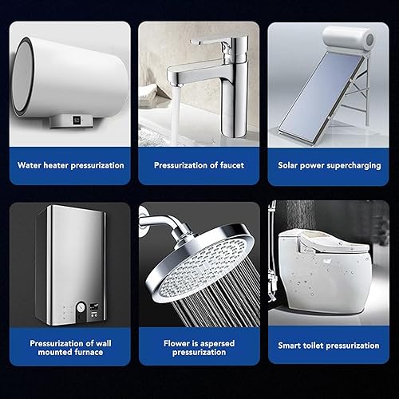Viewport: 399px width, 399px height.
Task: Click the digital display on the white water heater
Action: tap(77, 120)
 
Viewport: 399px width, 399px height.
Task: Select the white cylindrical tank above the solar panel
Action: tap(349, 38)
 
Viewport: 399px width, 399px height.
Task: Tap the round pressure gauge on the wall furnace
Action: tap(81, 307)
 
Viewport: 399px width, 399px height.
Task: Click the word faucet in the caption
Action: tap(231, 165)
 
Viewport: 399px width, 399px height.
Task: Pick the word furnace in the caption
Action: tap(89, 352)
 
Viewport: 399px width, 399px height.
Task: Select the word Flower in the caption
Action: tap(174, 343)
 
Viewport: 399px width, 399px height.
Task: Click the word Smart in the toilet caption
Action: tap(288, 346)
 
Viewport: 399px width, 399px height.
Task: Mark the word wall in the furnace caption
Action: tap(104, 343)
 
